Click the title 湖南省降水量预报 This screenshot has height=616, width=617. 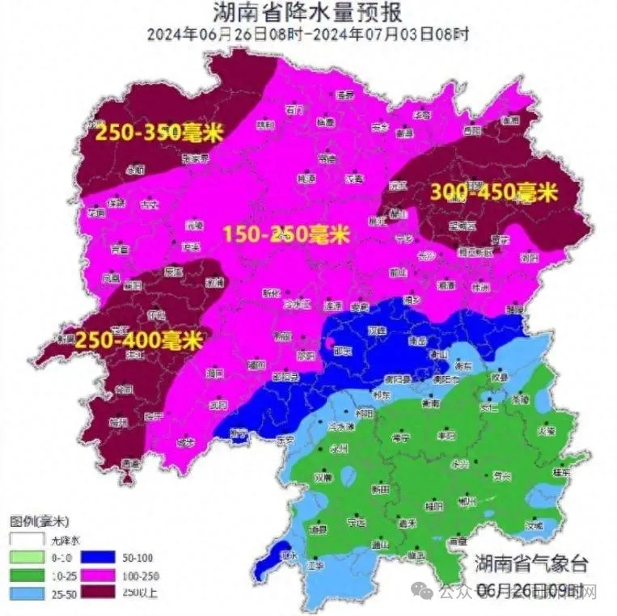click(308, 13)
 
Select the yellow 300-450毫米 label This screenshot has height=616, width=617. click(493, 192)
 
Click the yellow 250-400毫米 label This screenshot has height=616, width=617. click(138, 340)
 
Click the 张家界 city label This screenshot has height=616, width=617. click(195, 158)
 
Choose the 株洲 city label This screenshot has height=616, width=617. click(482, 286)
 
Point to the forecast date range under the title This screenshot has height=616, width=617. click(308, 35)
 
